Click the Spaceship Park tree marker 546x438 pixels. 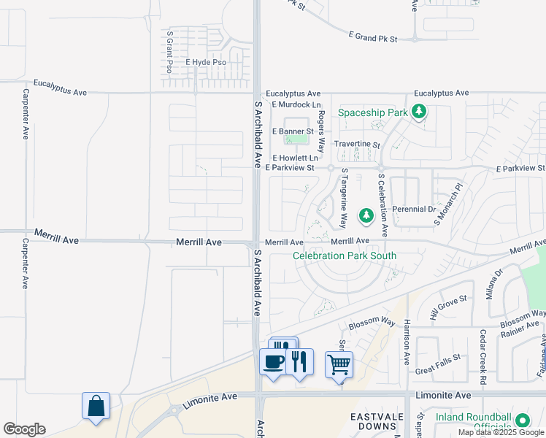(x=418, y=112)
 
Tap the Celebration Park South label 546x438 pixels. (x=345, y=255)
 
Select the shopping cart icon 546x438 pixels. (x=339, y=364)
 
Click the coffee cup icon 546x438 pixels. (x=274, y=361)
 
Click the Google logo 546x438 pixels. (x=24, y=429)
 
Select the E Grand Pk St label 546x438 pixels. (x=372, y=37)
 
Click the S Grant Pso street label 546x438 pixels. (x=169, y=52)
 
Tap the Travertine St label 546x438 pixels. (x=357, y=145)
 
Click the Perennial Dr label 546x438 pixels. (x=414, y=209)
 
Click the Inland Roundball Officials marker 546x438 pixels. (x=522, y=421)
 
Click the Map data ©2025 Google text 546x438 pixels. (x=500, y=432)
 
